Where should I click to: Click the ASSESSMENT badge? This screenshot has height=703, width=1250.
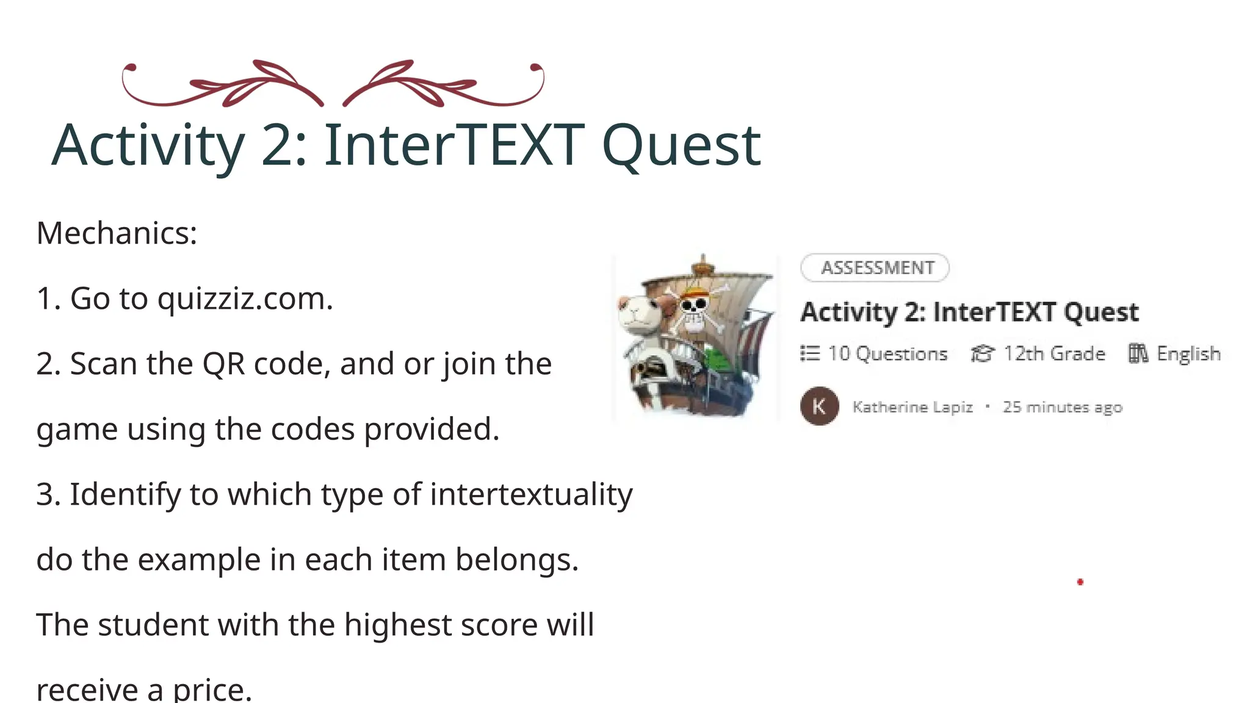pyautogui.click(x=875, y=268)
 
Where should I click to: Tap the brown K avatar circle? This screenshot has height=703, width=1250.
pyautogui.click(x=819, y=406)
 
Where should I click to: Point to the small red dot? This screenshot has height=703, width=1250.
pyautogui.click(x=1080, y=582)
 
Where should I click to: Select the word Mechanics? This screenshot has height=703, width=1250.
pyautogui.click(x=117, y=233)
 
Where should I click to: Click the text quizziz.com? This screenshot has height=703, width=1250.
pyautogui.click(x=245, y=298)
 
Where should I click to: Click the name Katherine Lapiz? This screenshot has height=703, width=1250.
pyautogui.click(x=912, y=407)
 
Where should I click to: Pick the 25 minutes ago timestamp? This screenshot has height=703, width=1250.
pyautogui.click(x=1063, y=407)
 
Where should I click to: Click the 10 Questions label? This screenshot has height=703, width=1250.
pyautogui.click(x=887, y=354)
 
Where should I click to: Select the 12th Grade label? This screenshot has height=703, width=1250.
pyautogui.click(x=1054, y=354)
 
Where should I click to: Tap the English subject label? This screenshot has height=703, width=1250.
pyautogui.click(x=1188, y=354)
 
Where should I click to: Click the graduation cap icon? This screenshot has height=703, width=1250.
pyautogui.click(x=982, y=354)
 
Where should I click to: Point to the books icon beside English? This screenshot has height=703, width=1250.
pyautogui.click(x=1138, y=354)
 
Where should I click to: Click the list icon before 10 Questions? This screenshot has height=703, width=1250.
pyautogui.click(x=810, y=354)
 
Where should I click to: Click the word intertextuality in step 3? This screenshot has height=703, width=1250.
pyautogui.click(x=531, y=494)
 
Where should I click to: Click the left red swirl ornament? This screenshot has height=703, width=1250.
pyautogui.click(x=223, y=84)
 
